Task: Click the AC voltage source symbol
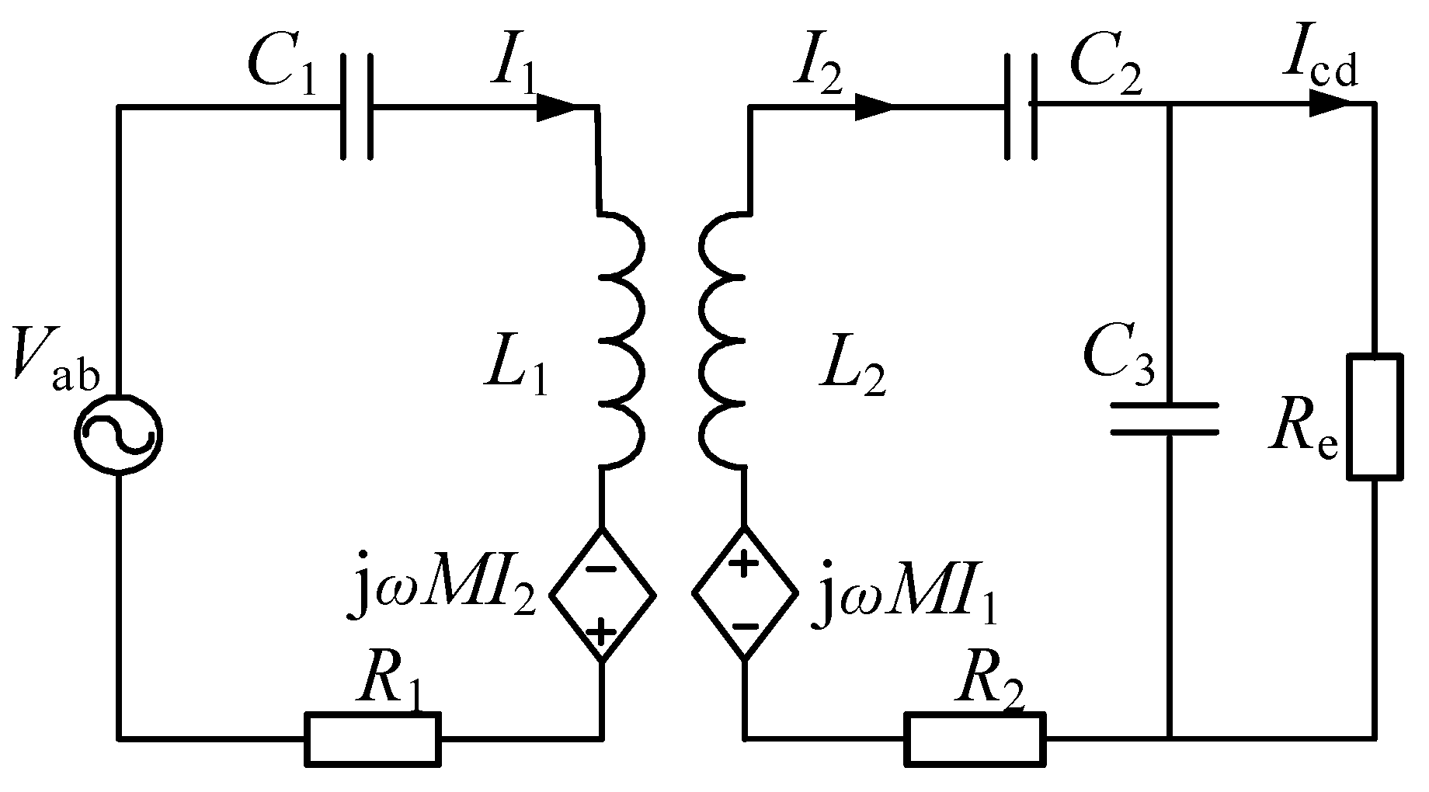click(x=119, y=433)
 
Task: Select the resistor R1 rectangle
click(x=373, y=738)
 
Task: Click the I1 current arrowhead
click(x=558, y=106)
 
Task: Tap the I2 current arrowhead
click(x=875, y=106)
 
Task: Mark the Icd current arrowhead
click(x=1330, y=103)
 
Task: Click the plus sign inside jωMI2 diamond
click(x=601, y=634)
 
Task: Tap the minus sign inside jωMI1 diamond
click(x=744, y=627)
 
